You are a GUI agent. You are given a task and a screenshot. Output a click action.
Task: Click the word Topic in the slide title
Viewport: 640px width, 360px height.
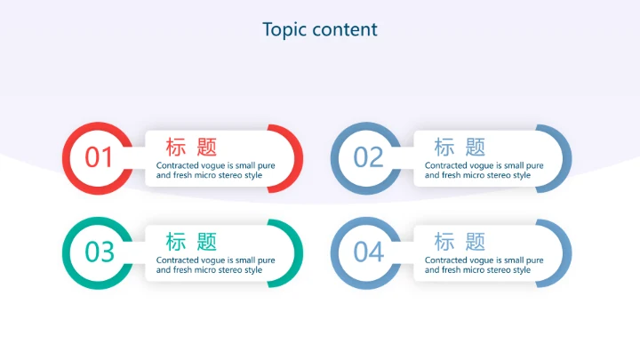(283, 29)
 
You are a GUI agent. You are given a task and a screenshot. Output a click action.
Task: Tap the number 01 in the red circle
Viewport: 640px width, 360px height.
(100, 157)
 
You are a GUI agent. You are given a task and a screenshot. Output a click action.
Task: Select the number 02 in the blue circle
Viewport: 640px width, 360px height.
(368, 157)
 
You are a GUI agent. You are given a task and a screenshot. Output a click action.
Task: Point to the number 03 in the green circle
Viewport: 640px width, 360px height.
(100, 252)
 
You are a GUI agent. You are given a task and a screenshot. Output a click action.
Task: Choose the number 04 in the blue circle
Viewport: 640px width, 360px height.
(368, 252)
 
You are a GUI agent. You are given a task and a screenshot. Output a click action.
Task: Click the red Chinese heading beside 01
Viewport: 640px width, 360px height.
(191, 147)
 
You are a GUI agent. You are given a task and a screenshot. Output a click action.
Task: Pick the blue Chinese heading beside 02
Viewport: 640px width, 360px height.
(460, 147)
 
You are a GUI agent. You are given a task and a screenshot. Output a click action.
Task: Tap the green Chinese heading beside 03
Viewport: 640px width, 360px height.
(191, 241)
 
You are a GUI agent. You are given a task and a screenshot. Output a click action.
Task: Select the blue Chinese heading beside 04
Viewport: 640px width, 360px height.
(460, 241)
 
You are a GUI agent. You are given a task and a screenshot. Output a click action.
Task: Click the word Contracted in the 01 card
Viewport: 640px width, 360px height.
(177, 165)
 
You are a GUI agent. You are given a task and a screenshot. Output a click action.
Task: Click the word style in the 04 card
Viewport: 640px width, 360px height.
(522, 270)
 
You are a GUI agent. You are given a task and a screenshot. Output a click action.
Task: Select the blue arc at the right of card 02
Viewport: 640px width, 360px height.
(564, 158)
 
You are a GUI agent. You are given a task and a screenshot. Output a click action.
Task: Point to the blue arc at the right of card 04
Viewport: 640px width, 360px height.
(564, 252)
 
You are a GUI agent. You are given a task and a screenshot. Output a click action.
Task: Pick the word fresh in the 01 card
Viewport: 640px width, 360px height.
(182, 175)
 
